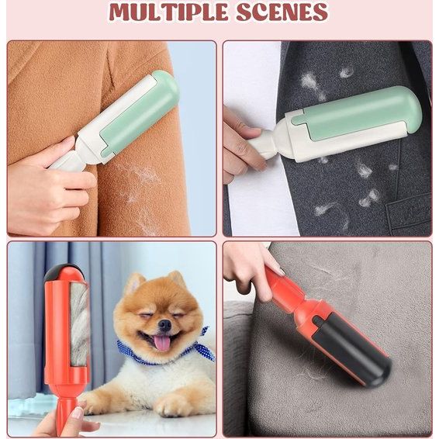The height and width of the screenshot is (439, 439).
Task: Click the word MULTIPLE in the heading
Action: coord(168,12)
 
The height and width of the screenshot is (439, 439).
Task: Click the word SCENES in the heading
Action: coord(282,12)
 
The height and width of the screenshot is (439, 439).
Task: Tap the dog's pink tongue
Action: coord(162,342)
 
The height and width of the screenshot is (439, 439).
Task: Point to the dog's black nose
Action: coord(165,325)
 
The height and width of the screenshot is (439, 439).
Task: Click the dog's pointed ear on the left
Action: coord(133,284)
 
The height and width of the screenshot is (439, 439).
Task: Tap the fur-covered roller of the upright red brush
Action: coord(80,323)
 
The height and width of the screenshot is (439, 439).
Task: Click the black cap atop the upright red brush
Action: coord(63,271)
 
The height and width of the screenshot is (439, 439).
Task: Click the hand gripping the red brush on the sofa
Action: coord(251,269)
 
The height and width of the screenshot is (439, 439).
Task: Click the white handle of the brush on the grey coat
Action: coord(261,146)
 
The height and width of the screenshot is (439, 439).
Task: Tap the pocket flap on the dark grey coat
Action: coord(409,213)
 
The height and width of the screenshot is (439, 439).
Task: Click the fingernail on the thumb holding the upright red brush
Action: coord(78,413)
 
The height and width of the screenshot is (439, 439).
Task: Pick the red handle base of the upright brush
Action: coord(65,412)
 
